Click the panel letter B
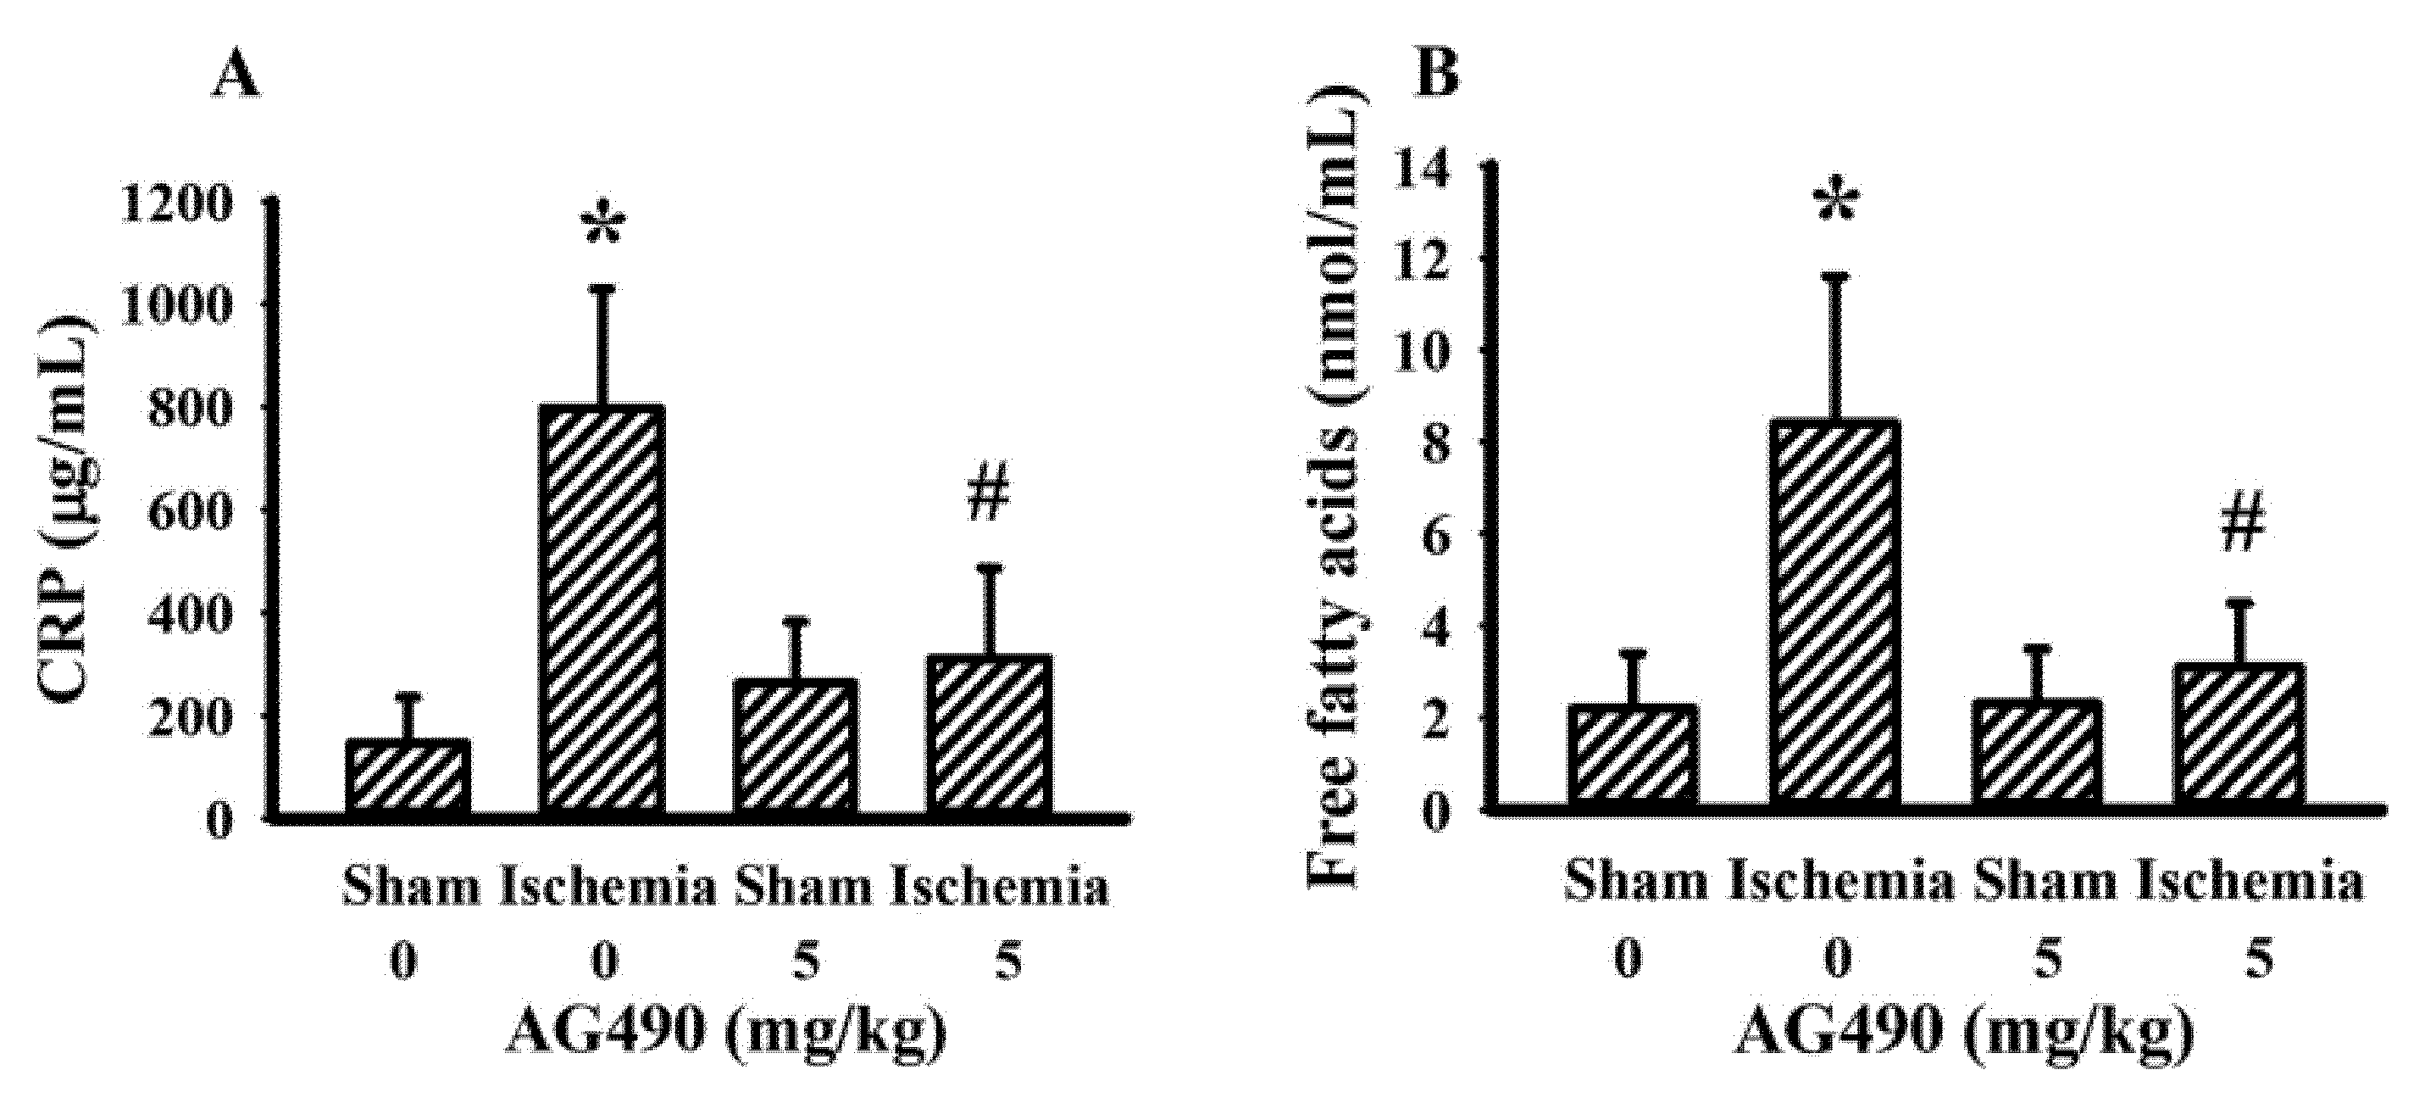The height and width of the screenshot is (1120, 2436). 1439,72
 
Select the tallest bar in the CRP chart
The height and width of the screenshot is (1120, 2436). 602,610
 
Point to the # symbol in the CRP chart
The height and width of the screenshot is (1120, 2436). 989,496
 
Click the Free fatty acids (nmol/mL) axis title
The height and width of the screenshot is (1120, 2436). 1335,488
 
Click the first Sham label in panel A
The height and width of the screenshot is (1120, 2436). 410,889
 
